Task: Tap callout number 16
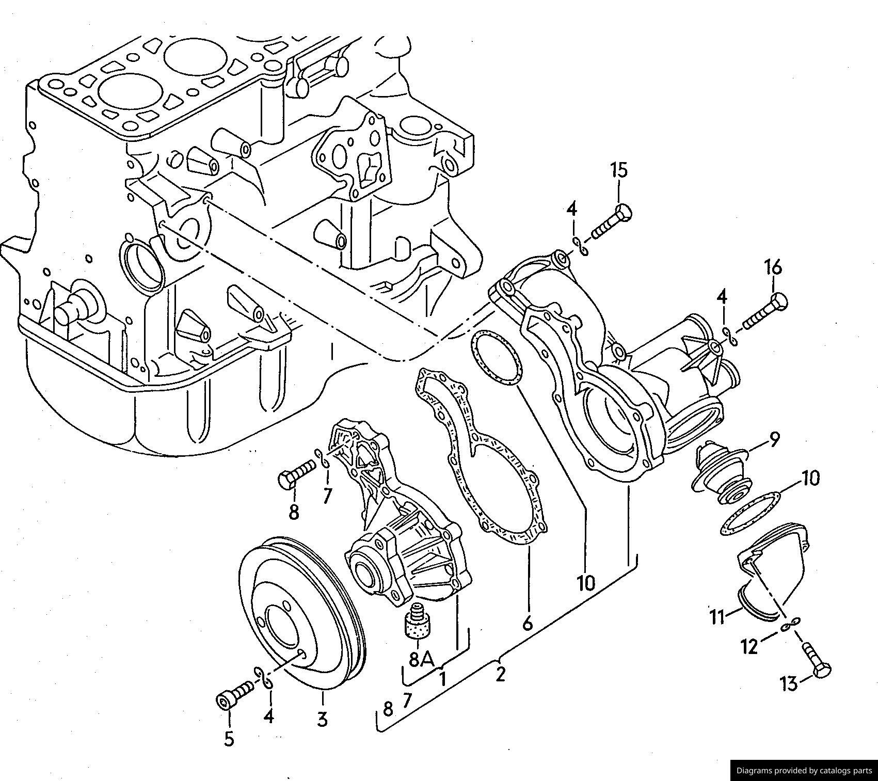[x=773, y=267]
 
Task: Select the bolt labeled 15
[x=612, y=222]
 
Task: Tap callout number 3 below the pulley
[x=322, y=719]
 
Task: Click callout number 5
[x=229, y=739]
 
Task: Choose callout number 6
[x=527, y=624]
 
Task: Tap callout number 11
[x=717, y=616]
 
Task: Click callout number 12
[x=749, y=646]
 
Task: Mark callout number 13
[x=789, y=684]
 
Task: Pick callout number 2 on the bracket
[x=500, y=674]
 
